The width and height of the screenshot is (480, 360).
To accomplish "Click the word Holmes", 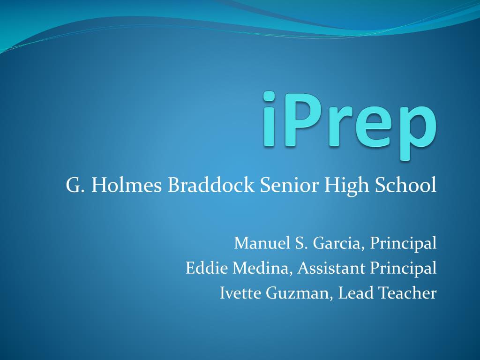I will point(127,185).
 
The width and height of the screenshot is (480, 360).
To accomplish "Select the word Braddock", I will point(211,185).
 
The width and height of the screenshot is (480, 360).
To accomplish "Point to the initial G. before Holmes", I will point(75,185).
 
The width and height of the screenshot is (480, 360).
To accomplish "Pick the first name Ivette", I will point(240,293).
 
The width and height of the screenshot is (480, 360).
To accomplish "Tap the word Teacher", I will point(407,293).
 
